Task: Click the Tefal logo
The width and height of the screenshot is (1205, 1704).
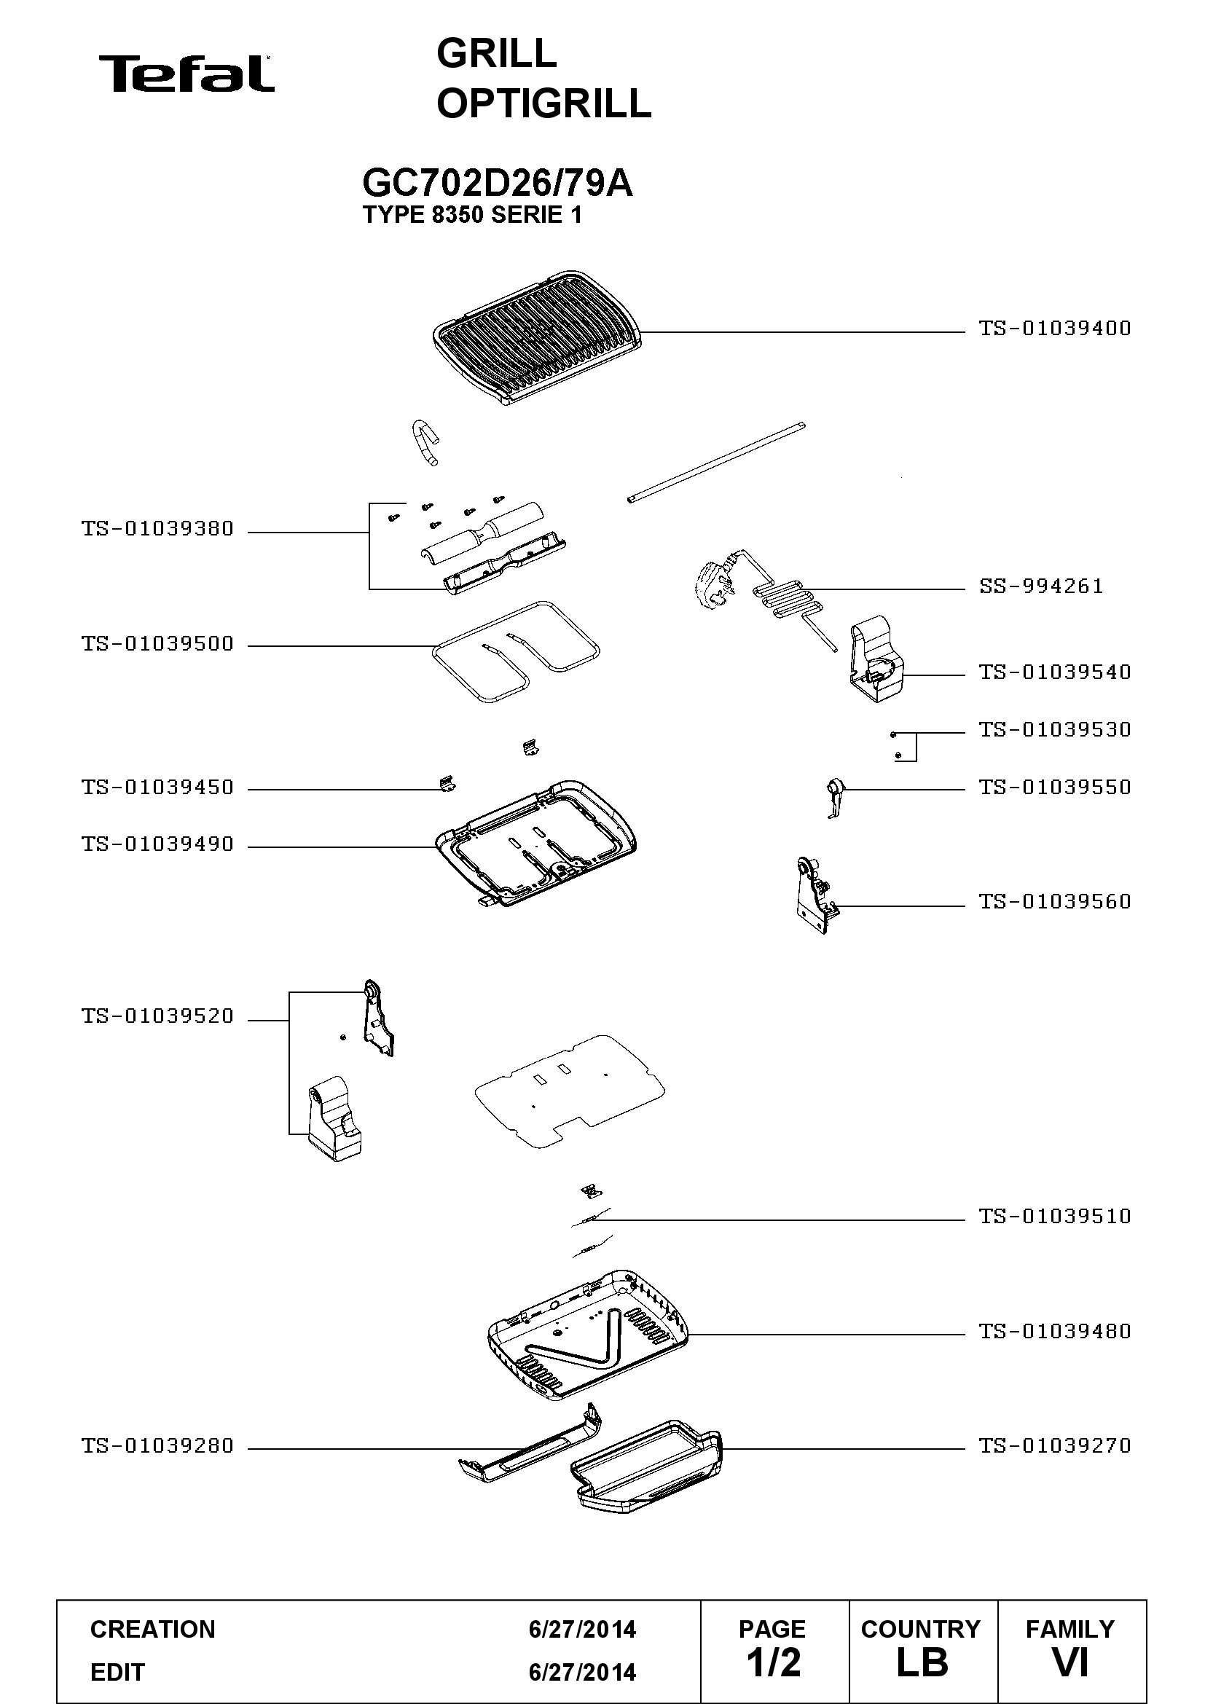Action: (187, 74)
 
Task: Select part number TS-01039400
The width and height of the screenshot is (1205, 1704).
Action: (1054, 328)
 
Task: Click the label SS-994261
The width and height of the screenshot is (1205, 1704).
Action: (1041, 586)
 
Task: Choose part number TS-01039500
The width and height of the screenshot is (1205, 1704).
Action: (157, 643)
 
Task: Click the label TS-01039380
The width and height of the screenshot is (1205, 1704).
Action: (157, 528)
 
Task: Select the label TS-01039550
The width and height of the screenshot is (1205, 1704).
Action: (1054, 787)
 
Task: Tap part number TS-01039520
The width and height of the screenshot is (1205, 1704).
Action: (157, 1016)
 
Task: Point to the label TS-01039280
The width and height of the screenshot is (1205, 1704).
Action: (157, 1445)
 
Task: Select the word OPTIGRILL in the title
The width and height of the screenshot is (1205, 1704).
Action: (544, 103)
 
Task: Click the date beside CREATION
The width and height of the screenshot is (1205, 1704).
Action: (583, 1629)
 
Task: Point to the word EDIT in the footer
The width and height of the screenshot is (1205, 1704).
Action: (117, 1672)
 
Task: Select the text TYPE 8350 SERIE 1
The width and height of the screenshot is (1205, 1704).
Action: (472, 215)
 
